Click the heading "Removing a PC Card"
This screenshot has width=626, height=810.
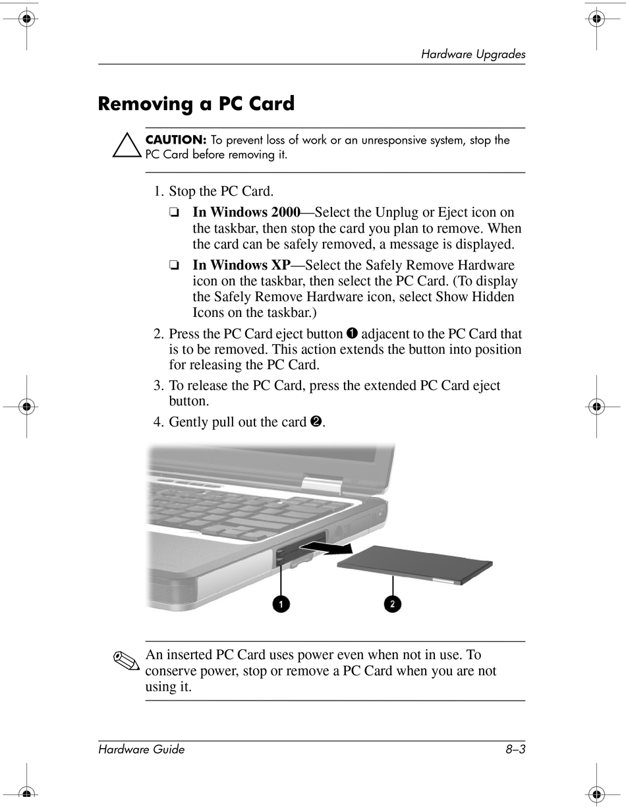pyautogui.click(x=196, y=104)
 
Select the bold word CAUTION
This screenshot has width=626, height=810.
pyautogui.click(x=176, y=140)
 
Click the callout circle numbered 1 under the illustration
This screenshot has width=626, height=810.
pyautogui.click(x=281, y=603)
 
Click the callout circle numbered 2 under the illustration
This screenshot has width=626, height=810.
pyautogui.click(x=393, y=603)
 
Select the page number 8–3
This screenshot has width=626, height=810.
pyautogui.click(x=515, y=749)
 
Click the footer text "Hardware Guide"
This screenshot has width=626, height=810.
pyautogui.click(x=141, y=749)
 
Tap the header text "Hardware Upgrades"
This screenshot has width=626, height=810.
pyautogui.click(x=473, y=55)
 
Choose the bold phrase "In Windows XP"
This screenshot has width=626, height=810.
pyautogui.click(x=241, y=265)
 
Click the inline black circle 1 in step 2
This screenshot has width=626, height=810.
pyautogui.click(x=352, y=333)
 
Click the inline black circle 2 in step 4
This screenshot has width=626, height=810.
pyautogui.click(x=315, y=422)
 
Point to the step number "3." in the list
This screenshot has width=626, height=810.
pyautogui.click(x=159, y=386)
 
